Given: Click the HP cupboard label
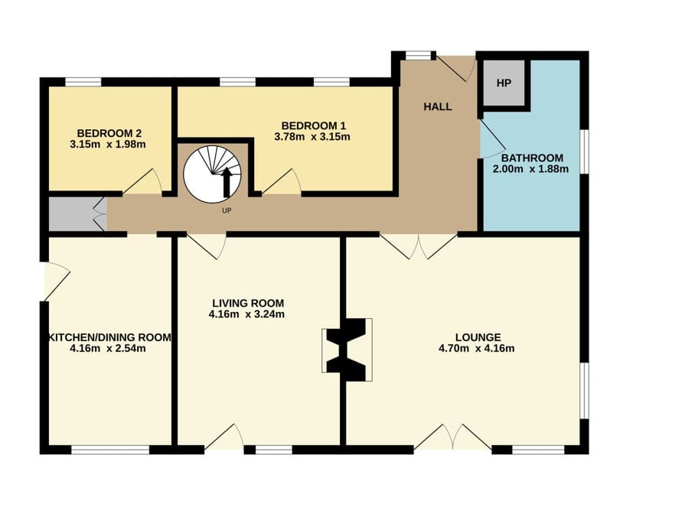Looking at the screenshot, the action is (x=504, y=83).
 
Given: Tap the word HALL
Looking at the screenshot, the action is (x=438, y=106).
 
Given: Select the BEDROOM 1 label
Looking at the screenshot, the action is (x=313, y=126).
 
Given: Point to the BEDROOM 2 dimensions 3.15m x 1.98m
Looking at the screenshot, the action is (x=108, y=145).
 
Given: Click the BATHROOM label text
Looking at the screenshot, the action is (x=532, y=158).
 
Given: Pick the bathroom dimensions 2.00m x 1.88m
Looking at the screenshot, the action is (x=530, y=169).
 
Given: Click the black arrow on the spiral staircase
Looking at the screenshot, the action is (x=226, y=183).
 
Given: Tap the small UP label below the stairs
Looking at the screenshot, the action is (x=227, y=211).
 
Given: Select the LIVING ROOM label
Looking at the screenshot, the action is (x=248, y=304).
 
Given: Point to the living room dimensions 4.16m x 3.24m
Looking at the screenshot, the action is (x=246, y=314).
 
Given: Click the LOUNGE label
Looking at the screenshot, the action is (x=478, y=337).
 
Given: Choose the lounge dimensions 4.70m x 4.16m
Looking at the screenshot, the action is (x=477, y=349).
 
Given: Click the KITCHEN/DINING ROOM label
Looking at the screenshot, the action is (x=109, y=337).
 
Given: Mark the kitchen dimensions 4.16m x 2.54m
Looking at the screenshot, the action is (x=107, y=349).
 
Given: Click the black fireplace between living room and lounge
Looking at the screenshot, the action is (x=347, y=350).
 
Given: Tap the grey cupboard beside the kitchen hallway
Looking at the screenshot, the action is (x=76, y=214).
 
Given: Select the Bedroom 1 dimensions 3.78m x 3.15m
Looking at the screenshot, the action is (x=312, y=138).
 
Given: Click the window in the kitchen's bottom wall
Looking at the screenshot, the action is (x=110, y=450).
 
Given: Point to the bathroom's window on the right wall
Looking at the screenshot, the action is (x=585, y=151).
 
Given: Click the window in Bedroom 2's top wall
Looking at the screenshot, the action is (x=83, y=82).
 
